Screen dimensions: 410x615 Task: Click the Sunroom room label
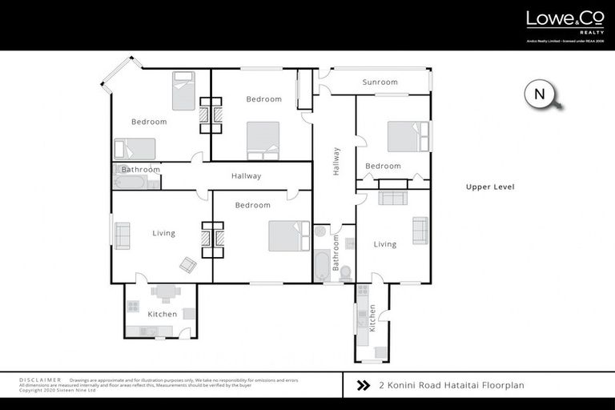pos(380,82)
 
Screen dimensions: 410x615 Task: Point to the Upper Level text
pos(490,187)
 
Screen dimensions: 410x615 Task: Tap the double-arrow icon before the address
pos(363,385)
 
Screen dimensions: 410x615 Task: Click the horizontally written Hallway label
pos(246,176)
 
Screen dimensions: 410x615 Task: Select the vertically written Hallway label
pos(336,161)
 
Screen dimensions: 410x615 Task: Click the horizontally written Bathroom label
pos(141,170)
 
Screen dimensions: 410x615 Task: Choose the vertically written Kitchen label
pos(372,317)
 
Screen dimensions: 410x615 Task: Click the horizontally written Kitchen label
pos(163,314)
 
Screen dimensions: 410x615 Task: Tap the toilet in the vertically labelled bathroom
pos(345,273)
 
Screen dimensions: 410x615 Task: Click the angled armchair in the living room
pos(188,264)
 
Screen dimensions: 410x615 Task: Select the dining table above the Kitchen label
pos(165,292)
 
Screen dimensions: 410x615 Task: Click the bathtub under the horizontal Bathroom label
pos(130,182)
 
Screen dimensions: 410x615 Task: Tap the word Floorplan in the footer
pos(502,385)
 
